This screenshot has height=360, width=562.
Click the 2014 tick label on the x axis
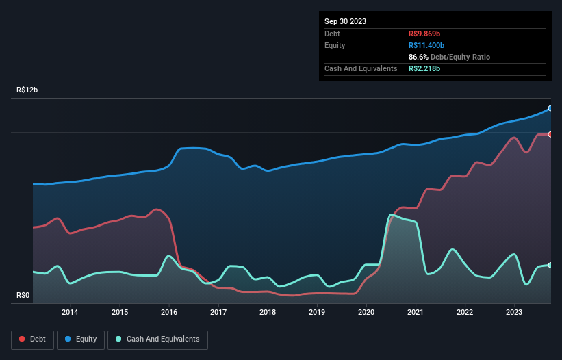[70, 313]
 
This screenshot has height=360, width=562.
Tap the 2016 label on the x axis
[168, 313]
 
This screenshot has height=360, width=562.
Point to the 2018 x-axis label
[268, 313]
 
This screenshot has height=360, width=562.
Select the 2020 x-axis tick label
[366, 313]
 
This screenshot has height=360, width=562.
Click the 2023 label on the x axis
[515, 313]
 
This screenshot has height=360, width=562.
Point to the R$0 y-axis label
[24, 296]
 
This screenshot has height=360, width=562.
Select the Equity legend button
[81, 339]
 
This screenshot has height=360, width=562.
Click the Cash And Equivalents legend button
[157, 339]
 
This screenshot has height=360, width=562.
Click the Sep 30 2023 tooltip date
[345, 21]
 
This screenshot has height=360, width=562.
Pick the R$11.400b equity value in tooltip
[429, 45]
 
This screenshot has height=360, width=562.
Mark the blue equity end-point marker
[550, 108]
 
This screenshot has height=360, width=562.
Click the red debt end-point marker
[550, 134]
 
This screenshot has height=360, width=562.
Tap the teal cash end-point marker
[550, 265]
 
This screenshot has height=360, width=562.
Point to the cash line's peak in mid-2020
[391, 215]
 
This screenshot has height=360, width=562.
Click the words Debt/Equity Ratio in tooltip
[462, 57]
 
